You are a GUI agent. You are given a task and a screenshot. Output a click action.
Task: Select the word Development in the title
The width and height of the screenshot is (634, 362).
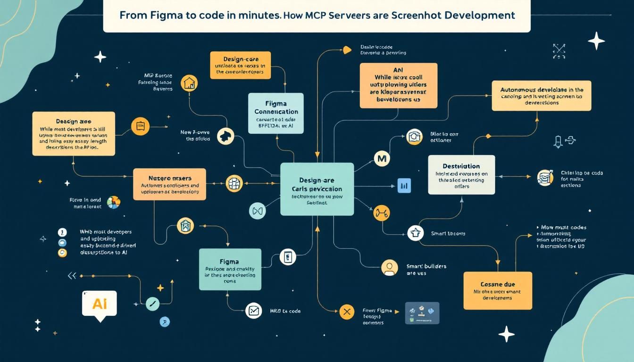[481, 15]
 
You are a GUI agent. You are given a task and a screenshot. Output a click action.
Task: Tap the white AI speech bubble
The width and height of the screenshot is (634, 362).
[100, 304]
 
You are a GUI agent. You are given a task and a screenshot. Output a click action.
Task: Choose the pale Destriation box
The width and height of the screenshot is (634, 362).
[461, 174]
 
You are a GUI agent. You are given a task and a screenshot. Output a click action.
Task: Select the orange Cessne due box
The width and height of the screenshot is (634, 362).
[497, 290]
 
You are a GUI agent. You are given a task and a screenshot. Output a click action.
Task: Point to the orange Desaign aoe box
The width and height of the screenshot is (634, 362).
[73, 133]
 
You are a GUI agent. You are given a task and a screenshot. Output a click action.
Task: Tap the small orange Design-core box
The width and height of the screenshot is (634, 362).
[241, 66]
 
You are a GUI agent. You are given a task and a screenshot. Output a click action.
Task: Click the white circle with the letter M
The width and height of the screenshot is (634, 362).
[382, 159]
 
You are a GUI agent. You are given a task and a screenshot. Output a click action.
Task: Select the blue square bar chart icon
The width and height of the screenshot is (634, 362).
[404, 186]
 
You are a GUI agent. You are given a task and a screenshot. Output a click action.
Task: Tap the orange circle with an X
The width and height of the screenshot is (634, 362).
[347, 312]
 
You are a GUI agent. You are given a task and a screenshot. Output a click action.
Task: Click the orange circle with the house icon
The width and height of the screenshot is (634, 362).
[189, 83]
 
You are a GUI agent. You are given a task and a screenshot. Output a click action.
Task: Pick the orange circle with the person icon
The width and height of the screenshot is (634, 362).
[389, 268]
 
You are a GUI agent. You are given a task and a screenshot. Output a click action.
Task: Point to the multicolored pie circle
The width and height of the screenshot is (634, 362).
[114, 202]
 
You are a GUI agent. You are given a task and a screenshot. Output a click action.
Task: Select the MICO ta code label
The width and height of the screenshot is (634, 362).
[285, 311]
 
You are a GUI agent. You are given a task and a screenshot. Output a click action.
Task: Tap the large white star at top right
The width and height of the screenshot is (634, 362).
[596, 41]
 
